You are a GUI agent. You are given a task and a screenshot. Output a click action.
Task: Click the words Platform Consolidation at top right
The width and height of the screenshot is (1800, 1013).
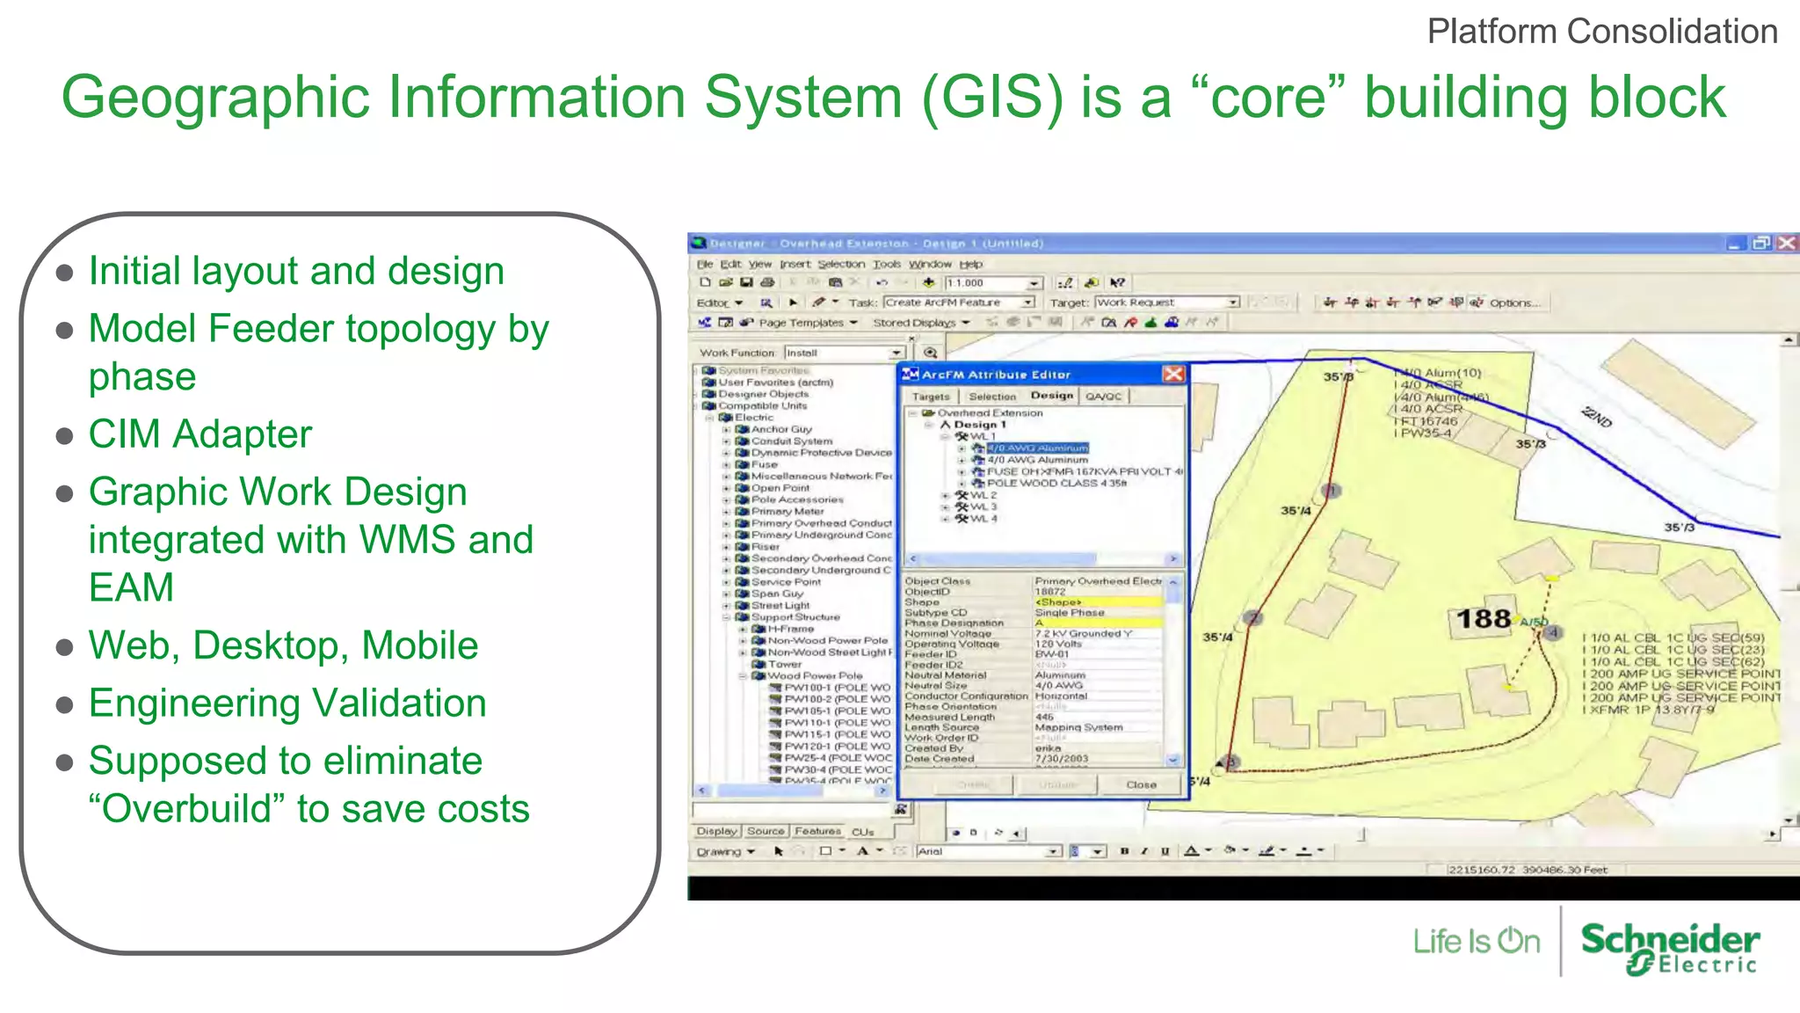(x=1601, y=33)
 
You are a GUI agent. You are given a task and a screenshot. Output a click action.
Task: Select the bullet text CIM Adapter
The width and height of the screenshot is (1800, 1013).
(x=200, y=434)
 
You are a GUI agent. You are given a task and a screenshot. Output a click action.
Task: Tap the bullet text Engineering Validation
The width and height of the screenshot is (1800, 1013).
(x=287, y=703)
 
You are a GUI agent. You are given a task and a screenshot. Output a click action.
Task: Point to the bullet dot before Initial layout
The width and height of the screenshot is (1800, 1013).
(x=64, y=273)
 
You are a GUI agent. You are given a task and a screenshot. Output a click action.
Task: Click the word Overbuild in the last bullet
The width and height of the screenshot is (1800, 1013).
(x=188, y=809)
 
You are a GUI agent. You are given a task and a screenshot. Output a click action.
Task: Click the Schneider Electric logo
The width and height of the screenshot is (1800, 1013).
(x=1669, y=948)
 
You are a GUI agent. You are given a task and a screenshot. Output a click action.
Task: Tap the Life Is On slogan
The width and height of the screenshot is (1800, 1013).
(x=1476, y=942)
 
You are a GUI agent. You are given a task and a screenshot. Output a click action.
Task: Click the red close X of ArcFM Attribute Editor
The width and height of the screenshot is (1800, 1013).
(x=1173, y=375)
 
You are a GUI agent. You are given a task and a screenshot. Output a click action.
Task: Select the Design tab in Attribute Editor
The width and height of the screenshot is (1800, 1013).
(x=1051, y=397)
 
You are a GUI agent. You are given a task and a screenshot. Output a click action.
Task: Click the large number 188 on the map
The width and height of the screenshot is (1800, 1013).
(x=1483, y=619)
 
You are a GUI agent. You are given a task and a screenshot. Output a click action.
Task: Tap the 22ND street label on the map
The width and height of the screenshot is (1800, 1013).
(x=1596, y=417)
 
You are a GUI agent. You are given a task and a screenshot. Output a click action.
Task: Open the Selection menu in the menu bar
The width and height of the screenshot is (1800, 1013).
(x=840, y=264)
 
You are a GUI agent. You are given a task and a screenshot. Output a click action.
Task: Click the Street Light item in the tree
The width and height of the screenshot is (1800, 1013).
(x=780, y=606)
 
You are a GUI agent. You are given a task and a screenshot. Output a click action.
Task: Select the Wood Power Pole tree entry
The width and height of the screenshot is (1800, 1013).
(x=815, y=676)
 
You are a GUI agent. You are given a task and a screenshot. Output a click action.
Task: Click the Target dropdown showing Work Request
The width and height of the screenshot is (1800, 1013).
(x=1166, y=302)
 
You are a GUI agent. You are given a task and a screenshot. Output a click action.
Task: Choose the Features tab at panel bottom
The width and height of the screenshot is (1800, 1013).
(x=817, y=831)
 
